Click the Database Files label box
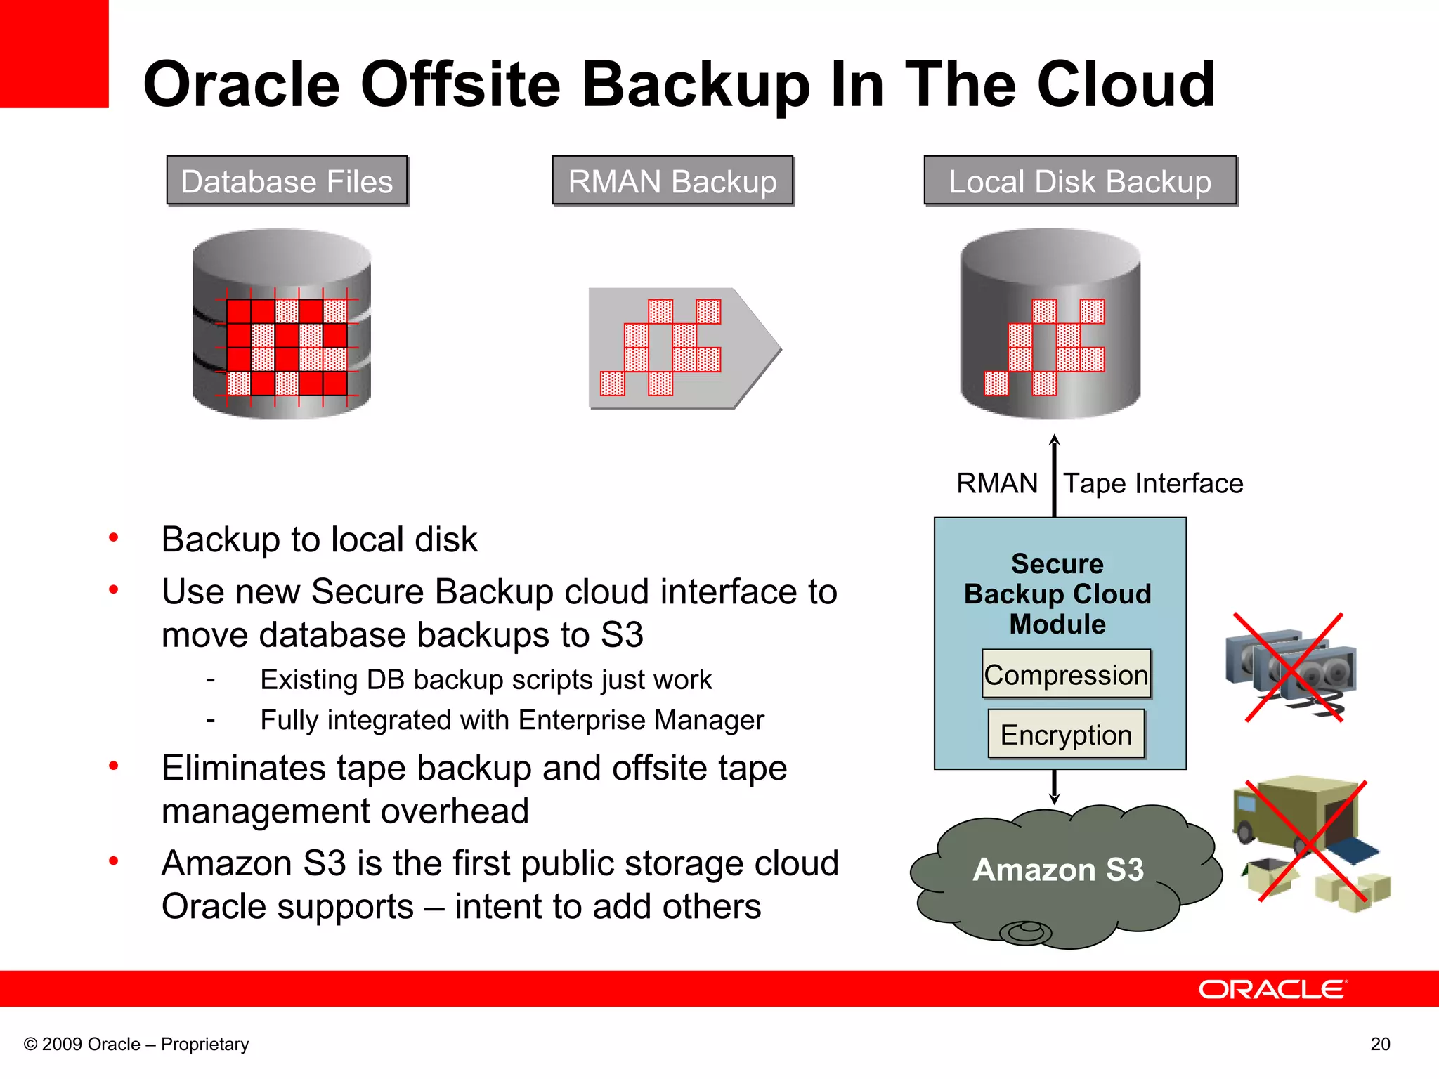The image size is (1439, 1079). click(287, 181)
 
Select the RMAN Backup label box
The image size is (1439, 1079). click(672, 181)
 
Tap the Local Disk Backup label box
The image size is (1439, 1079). click(1080, 181)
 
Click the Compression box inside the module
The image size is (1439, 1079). click(1066, 674)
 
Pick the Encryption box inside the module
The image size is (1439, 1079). click(1066, 735)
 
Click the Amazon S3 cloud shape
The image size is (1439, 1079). click(1058, 871)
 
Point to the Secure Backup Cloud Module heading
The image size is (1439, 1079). click(1057, 594)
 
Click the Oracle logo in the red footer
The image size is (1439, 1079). click(1272, 990)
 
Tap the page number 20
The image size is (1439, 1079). click(1380, 1045)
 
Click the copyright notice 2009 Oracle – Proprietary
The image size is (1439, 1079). click(136, 1045)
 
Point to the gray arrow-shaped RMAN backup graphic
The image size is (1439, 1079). click(682, 348)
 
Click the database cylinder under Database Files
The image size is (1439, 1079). click(282, 324)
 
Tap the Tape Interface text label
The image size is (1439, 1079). click(1153, 484)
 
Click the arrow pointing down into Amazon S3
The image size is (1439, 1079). click(1054, 787)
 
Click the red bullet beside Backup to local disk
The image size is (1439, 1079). click(113, 538)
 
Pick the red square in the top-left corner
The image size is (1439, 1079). click(53, 53)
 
